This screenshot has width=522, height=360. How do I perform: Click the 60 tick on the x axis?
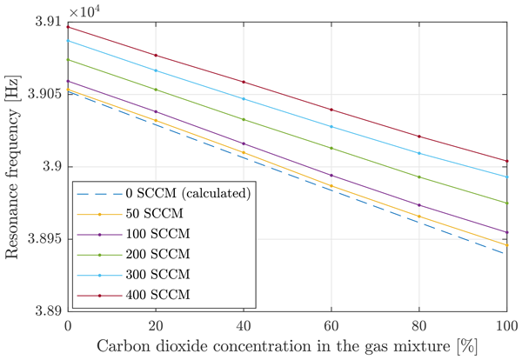tap(331, 325)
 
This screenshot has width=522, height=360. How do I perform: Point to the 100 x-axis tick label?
tap(506, 325)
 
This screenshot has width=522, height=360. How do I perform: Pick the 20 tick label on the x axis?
tap(156, 325)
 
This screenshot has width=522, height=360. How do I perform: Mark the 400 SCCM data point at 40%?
tap(244, 82)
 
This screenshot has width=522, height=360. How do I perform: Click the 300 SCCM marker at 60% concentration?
tap(331, 127)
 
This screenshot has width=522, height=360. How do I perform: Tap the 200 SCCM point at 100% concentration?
tap(506, 203)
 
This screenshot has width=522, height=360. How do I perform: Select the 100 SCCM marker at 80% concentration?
tap(419, 205)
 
